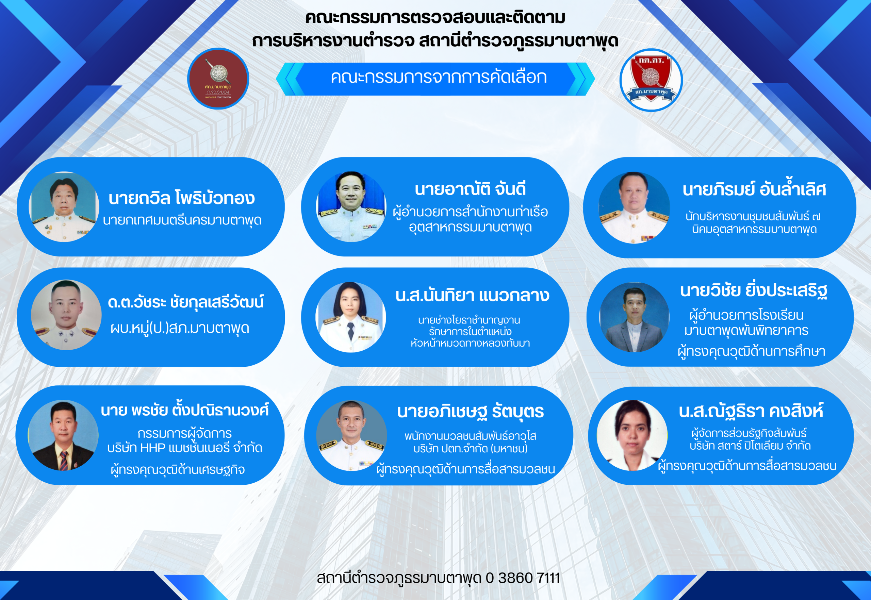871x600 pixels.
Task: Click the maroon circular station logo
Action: pos(218,79)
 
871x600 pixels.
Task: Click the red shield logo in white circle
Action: pos(651,80)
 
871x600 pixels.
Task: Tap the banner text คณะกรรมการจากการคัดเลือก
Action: pos(439,77)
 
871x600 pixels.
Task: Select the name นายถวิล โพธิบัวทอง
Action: pos(182,198)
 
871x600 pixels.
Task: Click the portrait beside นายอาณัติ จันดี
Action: pos(351,207)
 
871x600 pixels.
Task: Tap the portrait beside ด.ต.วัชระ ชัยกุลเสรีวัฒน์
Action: pos(66,315)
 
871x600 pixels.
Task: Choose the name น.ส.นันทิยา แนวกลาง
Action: pos(472,296)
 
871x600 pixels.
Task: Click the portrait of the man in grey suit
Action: pos(635,317)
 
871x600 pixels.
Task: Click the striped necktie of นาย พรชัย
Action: pos(64,460)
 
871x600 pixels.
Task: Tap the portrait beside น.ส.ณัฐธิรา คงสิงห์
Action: pos(632,435)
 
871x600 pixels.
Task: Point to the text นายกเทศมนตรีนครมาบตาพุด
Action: pos(182,220)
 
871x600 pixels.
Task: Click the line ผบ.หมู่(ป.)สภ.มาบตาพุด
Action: pos(180,328)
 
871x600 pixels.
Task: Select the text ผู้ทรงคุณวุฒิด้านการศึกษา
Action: pos(751,351)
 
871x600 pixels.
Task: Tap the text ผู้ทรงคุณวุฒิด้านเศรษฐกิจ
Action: pos(178,469)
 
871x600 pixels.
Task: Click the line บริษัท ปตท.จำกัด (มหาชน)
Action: pos(470,449)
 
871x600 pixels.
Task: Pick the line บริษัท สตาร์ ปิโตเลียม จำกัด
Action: pos(750,446)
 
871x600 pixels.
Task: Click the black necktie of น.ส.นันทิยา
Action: pos(350,331)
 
